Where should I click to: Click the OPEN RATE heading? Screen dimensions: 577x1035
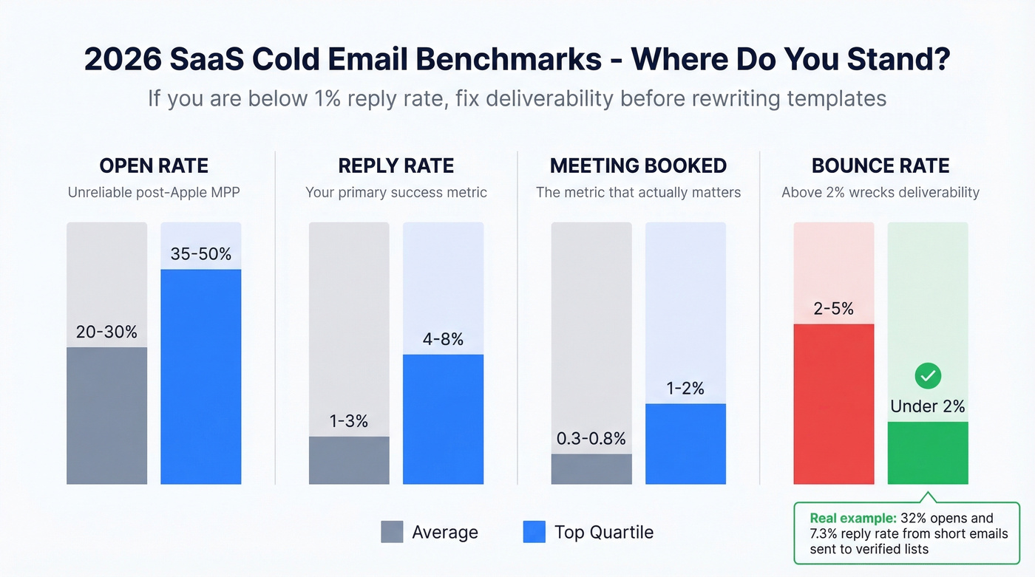tap(154, 165)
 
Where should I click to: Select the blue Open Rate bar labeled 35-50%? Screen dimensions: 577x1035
tap(201, 376)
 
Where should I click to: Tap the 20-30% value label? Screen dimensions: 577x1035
tap(106, 332)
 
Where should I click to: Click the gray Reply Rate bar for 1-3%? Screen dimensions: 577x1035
tap(349, 460)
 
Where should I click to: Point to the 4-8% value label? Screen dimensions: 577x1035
tap(443, 339)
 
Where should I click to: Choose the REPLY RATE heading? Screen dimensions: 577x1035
tap(396, 165)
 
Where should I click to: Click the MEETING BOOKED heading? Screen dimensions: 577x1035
tap(638, 165)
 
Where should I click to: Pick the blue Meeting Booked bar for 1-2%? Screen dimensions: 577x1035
tap(685, 443)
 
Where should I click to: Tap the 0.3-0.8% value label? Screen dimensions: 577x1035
tap(591, 438)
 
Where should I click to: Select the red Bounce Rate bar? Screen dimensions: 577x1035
tap(833, 403)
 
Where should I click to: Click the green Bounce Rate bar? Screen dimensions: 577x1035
tap(928, 452)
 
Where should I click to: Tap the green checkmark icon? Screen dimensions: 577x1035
tap(928, 376)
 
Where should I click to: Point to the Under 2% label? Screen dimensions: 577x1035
tap(928, 406)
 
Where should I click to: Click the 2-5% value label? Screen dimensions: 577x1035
tap(833, 309)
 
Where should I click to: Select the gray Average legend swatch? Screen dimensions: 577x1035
tap(392, 532)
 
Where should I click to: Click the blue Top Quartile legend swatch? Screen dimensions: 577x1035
tap(534, 532)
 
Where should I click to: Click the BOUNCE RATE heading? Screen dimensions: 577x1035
tap(880, 165)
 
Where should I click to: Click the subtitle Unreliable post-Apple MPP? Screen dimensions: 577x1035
tap(154, 192)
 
